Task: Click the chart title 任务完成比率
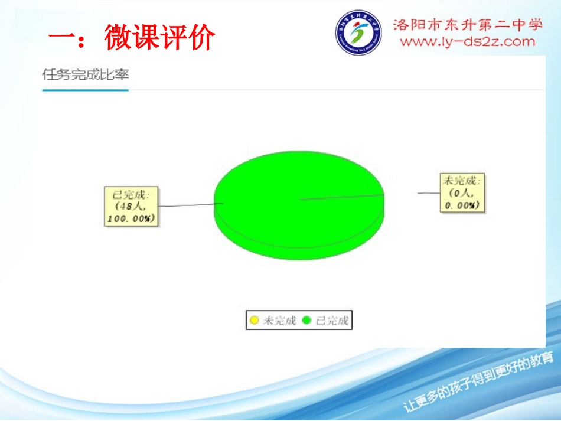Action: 86,75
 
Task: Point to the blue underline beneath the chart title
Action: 86,90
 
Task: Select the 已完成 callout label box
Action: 131,206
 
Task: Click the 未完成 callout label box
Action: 462,192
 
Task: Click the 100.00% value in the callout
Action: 131,218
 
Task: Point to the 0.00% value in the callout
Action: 462,204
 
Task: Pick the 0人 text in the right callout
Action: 462,193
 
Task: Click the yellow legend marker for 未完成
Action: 255,321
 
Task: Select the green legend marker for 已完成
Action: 306,321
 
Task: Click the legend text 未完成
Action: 279,321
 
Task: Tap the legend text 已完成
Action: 332,321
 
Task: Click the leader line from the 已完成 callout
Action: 189,205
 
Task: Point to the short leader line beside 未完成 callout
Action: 428,193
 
